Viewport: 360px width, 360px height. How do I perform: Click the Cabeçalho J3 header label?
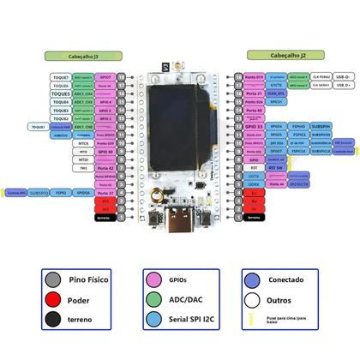tap(82, 54)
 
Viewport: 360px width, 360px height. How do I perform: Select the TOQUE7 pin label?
tap(60, 77)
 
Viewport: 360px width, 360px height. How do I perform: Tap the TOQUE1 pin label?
tap(39, 126)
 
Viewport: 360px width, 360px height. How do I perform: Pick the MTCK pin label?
tap(83, 143)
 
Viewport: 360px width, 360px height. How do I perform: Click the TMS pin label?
tap(83, 168)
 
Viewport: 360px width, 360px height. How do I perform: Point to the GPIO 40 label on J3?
tap(105, 152)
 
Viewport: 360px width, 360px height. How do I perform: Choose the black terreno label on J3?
tap(105, 218)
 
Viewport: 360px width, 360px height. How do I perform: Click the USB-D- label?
tap(344, 76)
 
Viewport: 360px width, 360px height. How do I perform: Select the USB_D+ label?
tap(344, 85)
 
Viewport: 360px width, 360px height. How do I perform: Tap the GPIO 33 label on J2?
tap(254, 126)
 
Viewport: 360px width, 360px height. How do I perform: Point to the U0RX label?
tap(254, 184)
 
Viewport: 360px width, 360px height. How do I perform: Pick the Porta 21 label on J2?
tap(254, 93)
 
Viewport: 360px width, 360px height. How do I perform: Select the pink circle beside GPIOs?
tap(156, 280)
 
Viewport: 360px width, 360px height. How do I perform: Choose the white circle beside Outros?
tap(252, 301)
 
